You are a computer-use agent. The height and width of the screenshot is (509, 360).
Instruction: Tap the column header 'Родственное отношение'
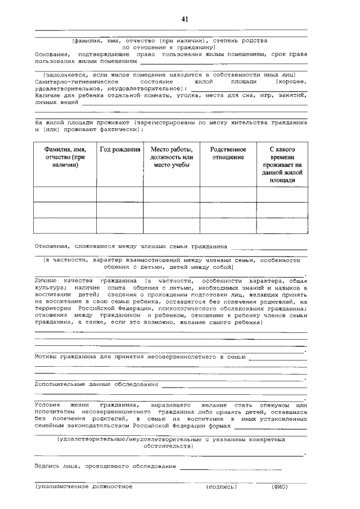228,154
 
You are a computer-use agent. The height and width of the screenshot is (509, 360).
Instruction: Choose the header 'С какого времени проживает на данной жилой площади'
282,165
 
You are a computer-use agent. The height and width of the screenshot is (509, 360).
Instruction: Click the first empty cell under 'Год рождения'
120,195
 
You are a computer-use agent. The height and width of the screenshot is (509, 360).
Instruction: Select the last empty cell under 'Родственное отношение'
228,226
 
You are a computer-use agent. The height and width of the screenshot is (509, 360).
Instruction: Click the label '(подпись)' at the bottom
222,487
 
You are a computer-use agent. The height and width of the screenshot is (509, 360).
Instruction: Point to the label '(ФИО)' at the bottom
280,487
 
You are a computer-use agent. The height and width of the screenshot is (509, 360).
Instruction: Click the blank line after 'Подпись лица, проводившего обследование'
231,467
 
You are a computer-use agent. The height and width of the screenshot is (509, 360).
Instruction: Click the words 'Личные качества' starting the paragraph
62,280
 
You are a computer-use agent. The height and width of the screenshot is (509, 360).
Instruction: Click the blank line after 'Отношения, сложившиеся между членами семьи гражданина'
268,247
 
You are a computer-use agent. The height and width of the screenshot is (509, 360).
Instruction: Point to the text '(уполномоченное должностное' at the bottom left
84,487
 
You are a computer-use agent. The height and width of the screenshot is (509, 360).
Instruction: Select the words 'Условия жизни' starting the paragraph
59,405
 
